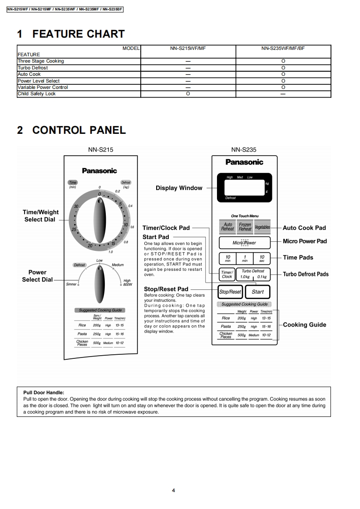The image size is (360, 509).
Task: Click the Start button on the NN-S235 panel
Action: point(257,292)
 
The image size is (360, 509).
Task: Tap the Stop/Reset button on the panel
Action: point(230,292)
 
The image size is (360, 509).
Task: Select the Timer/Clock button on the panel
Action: point(227,274)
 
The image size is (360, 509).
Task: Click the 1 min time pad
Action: point(245,259)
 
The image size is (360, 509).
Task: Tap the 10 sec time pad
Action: point(261,259)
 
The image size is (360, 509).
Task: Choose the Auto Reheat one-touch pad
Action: point(228,226)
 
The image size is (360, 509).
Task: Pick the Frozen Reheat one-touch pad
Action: point(245,226)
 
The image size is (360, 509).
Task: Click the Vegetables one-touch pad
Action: point(262,227)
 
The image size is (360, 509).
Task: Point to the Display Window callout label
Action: point(179,188)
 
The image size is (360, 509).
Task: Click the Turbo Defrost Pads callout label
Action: point(306,274)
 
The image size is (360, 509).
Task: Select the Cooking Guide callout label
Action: point(304,325)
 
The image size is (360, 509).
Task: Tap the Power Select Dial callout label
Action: point(37,276)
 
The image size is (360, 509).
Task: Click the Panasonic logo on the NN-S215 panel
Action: point(99,171)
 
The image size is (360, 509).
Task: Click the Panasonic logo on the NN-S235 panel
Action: point(244,162)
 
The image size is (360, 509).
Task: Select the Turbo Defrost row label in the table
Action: point(33,68)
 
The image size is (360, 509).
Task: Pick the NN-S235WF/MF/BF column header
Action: point(283,48)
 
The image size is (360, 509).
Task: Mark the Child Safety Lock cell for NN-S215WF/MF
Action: point(188,94)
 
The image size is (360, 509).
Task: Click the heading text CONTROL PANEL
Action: point(79,130)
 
